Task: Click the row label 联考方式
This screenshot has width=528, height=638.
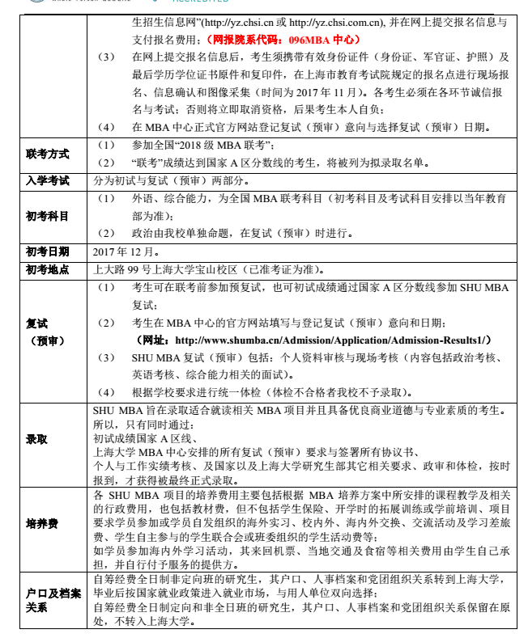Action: [47, 154]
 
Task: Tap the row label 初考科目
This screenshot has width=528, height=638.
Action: [47, 216]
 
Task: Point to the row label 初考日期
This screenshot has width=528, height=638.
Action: [47, 251]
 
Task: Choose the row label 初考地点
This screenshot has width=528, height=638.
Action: [47, 269]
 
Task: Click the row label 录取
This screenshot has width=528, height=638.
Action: [36, 439]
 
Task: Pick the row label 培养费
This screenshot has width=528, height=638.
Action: [42, 523]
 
